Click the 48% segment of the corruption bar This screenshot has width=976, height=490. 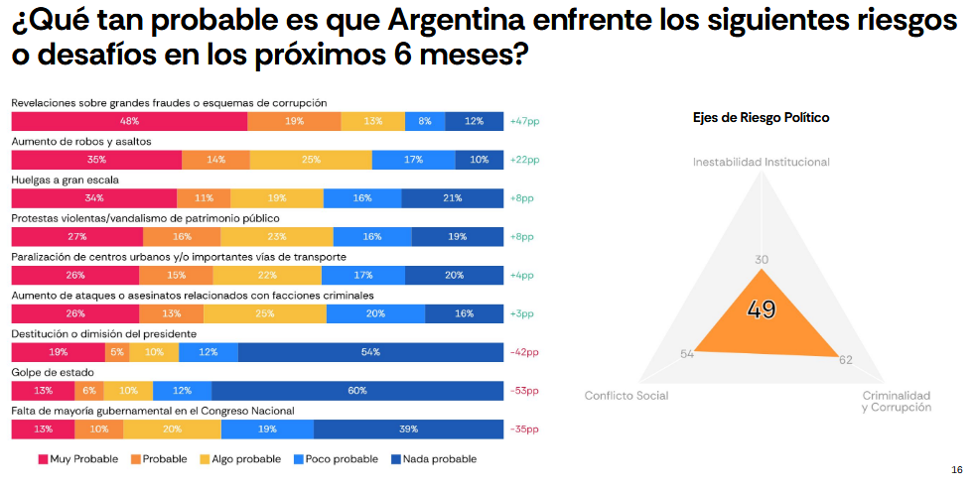129,121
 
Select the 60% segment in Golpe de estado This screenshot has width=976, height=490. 356,391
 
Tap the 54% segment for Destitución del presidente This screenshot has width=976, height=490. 370,352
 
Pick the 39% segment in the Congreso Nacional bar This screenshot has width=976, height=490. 407,429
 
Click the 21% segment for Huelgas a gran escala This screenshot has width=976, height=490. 453,198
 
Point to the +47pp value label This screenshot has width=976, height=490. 523,121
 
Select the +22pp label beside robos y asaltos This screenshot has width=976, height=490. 523,160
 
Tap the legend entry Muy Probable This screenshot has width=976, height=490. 78,459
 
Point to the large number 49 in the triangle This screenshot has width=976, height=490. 762,309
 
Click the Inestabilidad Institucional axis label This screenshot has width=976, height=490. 761,162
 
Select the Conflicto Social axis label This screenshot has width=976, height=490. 626,396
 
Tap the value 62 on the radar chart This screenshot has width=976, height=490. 846,359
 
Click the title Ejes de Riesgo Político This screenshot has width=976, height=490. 761,117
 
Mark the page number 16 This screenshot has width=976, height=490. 956,469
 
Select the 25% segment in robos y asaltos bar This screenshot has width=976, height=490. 311,160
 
